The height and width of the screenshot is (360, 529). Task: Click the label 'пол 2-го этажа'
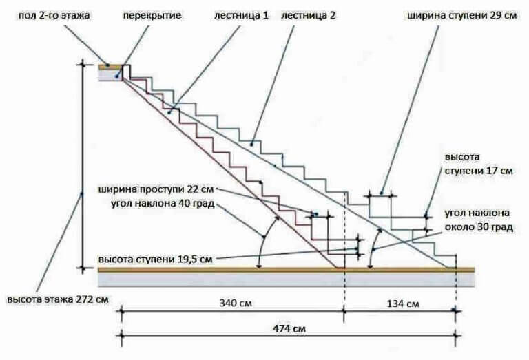pyautogui.click(x=54, y=16)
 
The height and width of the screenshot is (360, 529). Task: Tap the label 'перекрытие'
pyautogui.click(x=152, y=16)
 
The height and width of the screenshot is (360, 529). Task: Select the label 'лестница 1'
pyautogui.click(x=241, y=16)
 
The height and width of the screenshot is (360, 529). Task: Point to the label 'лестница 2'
pyautogui.click(x=309, y=16)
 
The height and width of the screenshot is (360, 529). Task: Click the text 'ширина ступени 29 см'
pyautogui.click(x=462, y=16)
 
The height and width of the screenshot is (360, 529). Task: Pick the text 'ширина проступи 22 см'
pyautogui.click(x=156, y=189)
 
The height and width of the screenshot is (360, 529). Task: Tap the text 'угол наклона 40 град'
pyautogui.click(x=163, y=204)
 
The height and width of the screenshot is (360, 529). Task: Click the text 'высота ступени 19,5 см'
pyautogui.click(x=156, y=260)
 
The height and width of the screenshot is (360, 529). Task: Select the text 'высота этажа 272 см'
pyautogui.click(x=58, y=299)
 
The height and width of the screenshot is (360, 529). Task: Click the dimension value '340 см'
pyautogui.click(x=236, y=303)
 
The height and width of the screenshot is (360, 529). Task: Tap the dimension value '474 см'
pyautogui.click(x=289, y=328)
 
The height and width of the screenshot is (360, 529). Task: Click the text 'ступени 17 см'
pyautogui.click(x=479, y=171)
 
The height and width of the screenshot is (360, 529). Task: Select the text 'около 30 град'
pyautogui.click(x=479, y=227)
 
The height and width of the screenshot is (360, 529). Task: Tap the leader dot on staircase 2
pyautogui.click(x=251, y=145)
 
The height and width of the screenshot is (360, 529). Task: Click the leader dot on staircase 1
pyautogui.click(x=169, y=111)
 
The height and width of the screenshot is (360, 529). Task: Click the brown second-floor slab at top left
pyautogui.click(x=110, y=67)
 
